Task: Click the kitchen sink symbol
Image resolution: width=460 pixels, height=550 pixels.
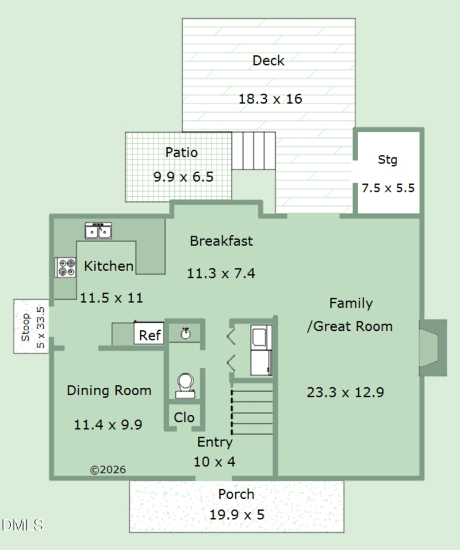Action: tap(99, 231)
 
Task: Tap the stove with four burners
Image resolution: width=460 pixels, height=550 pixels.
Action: tap(66, 268)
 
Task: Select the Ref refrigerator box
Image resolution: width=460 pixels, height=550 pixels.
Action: tap(150, 334)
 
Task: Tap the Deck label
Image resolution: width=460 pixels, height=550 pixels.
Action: tap(269, 60)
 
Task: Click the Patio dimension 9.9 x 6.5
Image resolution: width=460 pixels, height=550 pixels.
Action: tap(183, 177)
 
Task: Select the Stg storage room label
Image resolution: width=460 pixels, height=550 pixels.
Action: tap(387, 160)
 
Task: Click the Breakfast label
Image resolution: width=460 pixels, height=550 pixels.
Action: tap(221, 241)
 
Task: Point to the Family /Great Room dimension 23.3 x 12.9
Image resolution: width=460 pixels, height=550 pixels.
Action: tap(345, 393)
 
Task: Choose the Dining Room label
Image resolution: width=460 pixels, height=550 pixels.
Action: tap(109, 391)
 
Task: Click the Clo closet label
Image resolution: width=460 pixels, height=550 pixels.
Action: tap(184, 418)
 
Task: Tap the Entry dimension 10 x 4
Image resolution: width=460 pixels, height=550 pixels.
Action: tap(215, 461)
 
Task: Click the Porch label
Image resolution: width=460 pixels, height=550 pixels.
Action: tap(236, 494)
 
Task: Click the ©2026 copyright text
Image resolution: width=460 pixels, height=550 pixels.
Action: tap(108, 470)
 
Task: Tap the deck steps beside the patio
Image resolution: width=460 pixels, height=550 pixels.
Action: tap(253, 151)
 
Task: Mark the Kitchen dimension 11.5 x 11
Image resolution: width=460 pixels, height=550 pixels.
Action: tap(112, 298)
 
